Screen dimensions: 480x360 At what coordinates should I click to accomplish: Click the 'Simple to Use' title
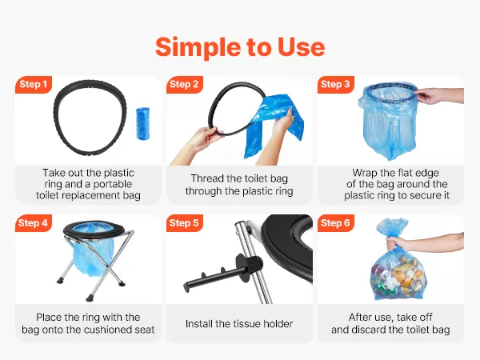pyautogui.click(x=240, y=47)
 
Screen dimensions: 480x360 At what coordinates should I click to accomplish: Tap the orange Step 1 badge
pyautogui.click(x=34, y=84)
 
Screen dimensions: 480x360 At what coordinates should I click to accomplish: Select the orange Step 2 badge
pyautogui.click(x=184, y=84)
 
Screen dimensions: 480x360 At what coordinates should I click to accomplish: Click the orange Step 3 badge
pyautogui.click(x=335, y=84)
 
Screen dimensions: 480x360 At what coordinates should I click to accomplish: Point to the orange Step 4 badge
pyautogui.click(x=34, y=223)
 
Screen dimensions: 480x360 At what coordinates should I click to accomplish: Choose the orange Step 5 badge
pyautogui.click(x=184, y=223)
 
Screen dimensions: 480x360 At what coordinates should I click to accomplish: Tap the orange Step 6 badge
pyautogui.click(x=335, y=223)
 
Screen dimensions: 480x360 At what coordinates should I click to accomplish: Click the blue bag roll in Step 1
pyautogui.click(x=142, y=123)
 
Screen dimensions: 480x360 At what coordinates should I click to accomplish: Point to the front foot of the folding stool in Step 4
pyautogui.click(x=90, y=295)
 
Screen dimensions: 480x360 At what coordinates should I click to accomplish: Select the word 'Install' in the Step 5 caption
pyautogui.click(x=198, y=323)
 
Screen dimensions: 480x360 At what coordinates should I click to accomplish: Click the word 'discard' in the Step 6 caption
pyautogui.click(x=368, y=330)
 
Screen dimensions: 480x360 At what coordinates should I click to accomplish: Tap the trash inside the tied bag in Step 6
pyautogui.click(x=398, y=275)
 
